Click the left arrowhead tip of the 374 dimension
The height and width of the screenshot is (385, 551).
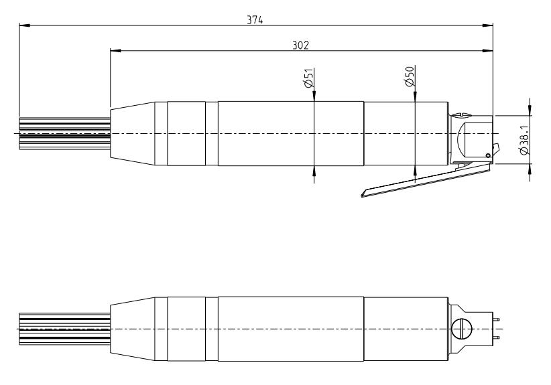pos(19,25)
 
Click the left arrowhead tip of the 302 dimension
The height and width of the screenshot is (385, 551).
pos(111,51)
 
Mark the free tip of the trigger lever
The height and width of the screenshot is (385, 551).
pos(361,195)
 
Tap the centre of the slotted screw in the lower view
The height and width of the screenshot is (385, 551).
pos(461,329)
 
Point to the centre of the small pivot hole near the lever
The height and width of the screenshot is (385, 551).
pos(488,155)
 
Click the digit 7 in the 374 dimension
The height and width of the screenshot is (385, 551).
pos(255,20)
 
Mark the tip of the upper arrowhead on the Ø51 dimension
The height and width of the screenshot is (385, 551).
pos(314,102)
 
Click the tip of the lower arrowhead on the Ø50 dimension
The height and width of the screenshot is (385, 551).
pos(415,165)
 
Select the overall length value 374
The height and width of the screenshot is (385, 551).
pos(255,20)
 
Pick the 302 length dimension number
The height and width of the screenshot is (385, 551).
pos(300,46)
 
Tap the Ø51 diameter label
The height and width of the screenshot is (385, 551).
pos(308,78)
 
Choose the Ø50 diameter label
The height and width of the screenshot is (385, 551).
pos(410,76)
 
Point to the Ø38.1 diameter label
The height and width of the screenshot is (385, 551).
pos(524,140)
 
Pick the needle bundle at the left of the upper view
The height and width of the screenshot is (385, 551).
pos(65,134)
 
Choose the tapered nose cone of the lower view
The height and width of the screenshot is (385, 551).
pos(133,329)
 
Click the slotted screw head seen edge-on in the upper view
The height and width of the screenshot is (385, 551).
pos(461,114)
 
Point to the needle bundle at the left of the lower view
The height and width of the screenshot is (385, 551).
pos(65,329)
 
